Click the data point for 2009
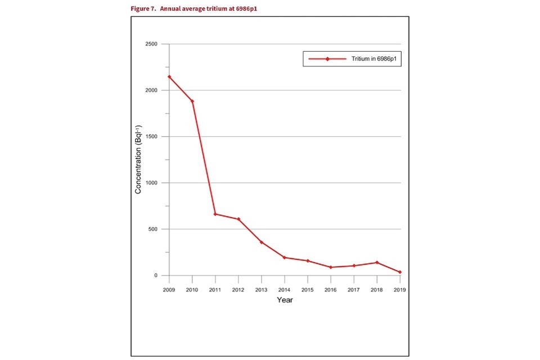169,77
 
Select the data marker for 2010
192,101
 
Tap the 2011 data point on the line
215,214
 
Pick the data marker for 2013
262,242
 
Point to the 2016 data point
331,267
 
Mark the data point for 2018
377,263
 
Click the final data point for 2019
400,272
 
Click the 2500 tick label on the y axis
151,44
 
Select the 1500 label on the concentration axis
151,137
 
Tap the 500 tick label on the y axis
153,229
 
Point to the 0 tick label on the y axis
157,276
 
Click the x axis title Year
285,300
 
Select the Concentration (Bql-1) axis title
138,160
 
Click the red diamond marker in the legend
327,59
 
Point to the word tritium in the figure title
204,9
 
